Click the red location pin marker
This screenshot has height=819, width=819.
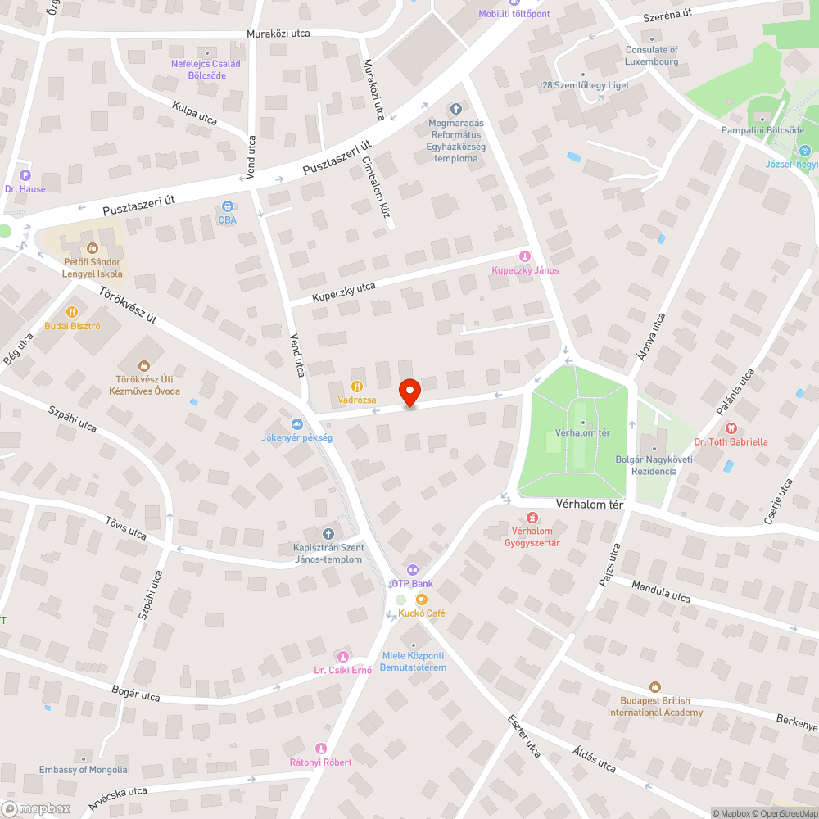pos(409,392)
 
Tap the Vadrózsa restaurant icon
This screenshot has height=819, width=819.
pos(356,386)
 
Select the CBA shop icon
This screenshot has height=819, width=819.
pos(227,206)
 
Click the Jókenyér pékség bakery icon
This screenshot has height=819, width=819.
pos(296,423)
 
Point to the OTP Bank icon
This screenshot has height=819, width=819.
pos(412,570)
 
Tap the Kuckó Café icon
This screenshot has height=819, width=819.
pos(422,600)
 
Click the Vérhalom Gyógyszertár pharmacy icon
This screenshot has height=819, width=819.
pos(532,517)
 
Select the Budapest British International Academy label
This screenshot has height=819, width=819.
pos(654,706)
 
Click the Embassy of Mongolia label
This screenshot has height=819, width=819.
pos(84,769)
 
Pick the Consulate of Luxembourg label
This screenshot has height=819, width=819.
pos(652,56)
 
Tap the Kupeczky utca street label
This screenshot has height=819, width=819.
pos(343,292)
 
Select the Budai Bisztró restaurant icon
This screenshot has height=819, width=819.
pos(72,311)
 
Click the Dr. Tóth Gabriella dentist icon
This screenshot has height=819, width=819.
pos(731,428)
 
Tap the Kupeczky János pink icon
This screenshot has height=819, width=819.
pos(525,256)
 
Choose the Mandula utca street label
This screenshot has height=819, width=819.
pos(660,592)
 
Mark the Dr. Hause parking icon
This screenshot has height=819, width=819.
pos(25,175)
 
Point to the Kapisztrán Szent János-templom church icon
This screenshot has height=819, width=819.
pos(328,533)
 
